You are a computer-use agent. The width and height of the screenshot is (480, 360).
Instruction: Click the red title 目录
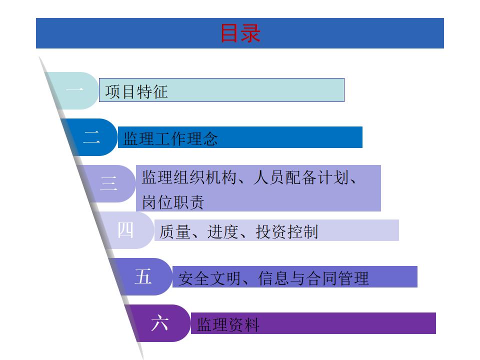[240, 33]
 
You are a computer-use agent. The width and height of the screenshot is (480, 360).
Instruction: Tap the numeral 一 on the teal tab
[75, 90]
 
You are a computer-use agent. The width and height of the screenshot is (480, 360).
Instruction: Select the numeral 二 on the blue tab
[91, 137]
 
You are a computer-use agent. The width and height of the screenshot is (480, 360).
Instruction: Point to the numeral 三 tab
[109, 183]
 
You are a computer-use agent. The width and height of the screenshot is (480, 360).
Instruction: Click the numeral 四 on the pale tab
[126, 230]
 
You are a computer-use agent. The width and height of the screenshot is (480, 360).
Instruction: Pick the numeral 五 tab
[143, 276]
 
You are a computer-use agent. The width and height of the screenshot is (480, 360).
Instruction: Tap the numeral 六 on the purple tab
[160, 323]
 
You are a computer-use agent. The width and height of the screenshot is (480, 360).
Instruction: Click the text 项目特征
[136, 92]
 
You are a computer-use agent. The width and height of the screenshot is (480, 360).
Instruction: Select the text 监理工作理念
[170, 138]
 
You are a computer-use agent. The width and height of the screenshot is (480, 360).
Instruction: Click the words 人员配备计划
[299, 178]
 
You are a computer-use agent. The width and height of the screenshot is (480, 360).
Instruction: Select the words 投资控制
[287, 231]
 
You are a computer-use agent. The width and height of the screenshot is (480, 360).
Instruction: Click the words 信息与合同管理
[313, 278]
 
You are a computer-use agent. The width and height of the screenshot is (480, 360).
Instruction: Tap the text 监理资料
[228, 325]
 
